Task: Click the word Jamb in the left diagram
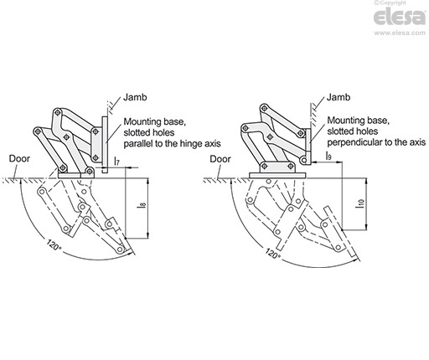point(133,99)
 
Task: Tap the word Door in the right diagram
point(221,157)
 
